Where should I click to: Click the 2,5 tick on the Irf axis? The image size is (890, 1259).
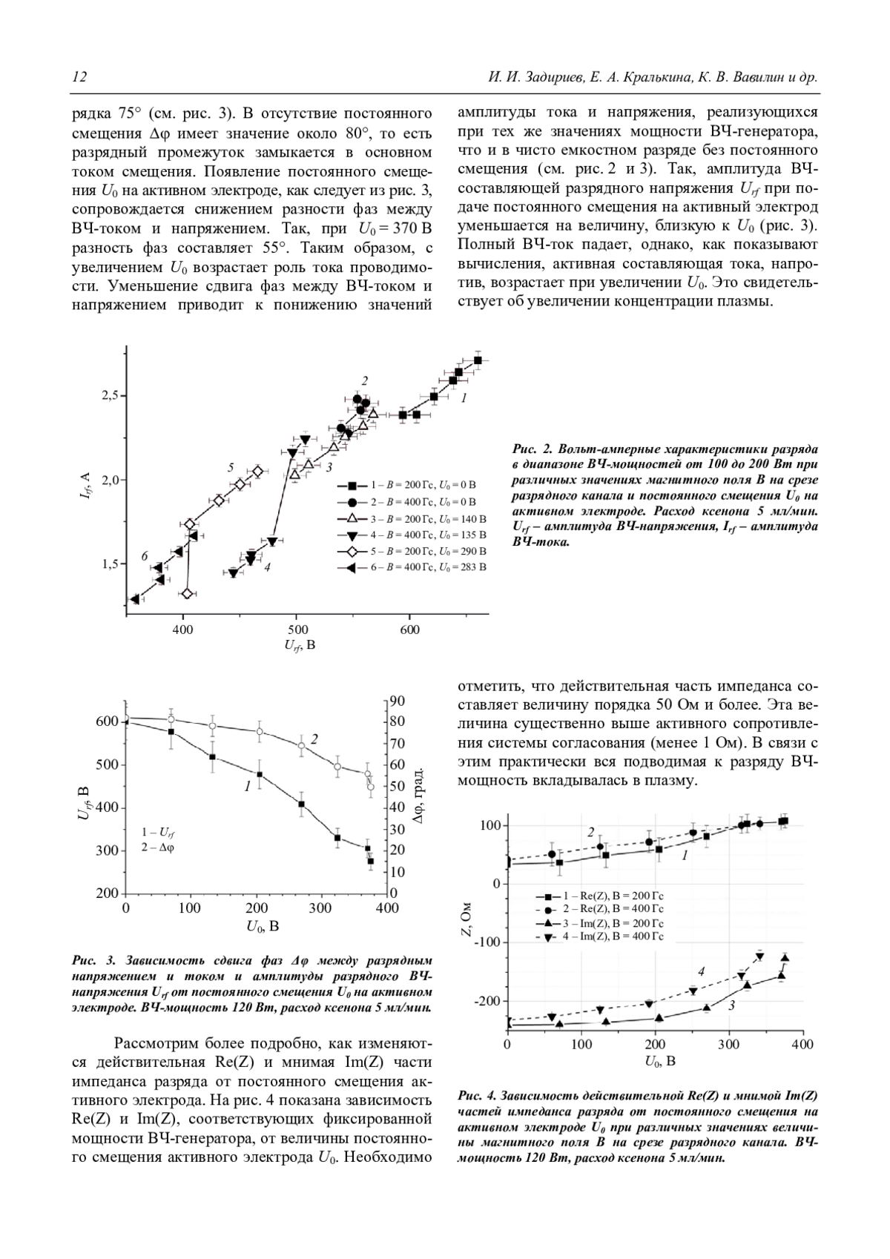(111, 396)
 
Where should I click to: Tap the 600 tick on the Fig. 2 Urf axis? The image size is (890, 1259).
(409, 629)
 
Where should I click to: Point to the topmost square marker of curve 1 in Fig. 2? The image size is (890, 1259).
(478, 360)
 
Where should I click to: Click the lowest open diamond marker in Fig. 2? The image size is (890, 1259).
(187, 593)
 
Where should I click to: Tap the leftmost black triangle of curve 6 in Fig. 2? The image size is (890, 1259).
(135, 599)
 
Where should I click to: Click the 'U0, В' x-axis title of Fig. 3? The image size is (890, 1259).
(263, 926)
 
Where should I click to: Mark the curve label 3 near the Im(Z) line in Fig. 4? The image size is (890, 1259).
(731, 1005)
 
